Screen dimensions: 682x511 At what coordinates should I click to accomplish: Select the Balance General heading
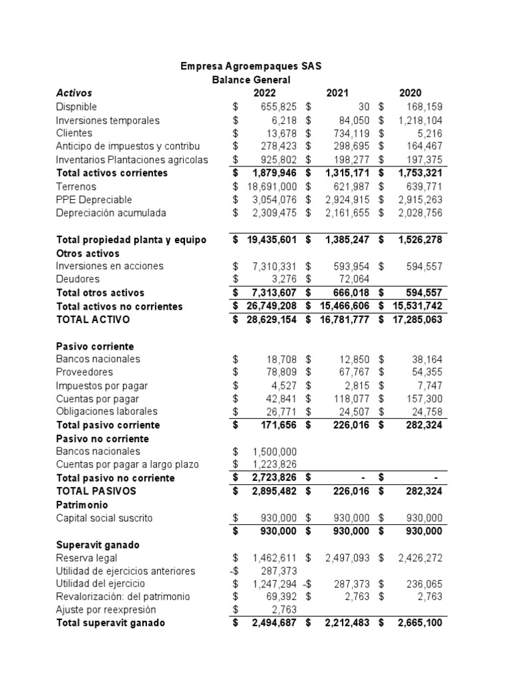pyautogui.click(x=251, y=80)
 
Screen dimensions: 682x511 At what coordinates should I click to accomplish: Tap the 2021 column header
pyautogui.click(x=337, y=93)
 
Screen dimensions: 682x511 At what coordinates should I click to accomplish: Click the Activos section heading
pyautogui.click(x=74, y=93)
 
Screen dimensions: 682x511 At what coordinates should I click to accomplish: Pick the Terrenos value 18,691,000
pyautogui.click(x=267, y=186)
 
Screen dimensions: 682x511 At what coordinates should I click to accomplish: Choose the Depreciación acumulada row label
pyautogui.click(x=111, y=213)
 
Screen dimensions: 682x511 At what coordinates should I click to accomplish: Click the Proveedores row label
pyautogui.click(x=85, y=372)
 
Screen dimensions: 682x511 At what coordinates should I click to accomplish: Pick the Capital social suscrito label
pyautogui.click(x=104, y=517)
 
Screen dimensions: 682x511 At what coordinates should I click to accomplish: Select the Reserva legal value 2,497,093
pyautogui.click(x=341, y=557)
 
